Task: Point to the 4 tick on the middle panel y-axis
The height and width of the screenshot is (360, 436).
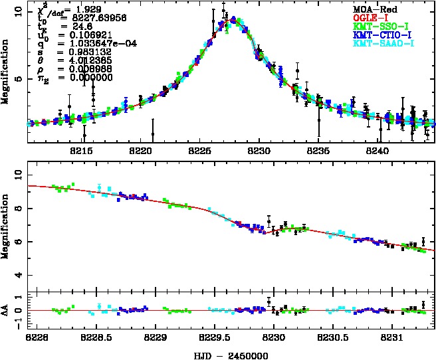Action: pos(19,275)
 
